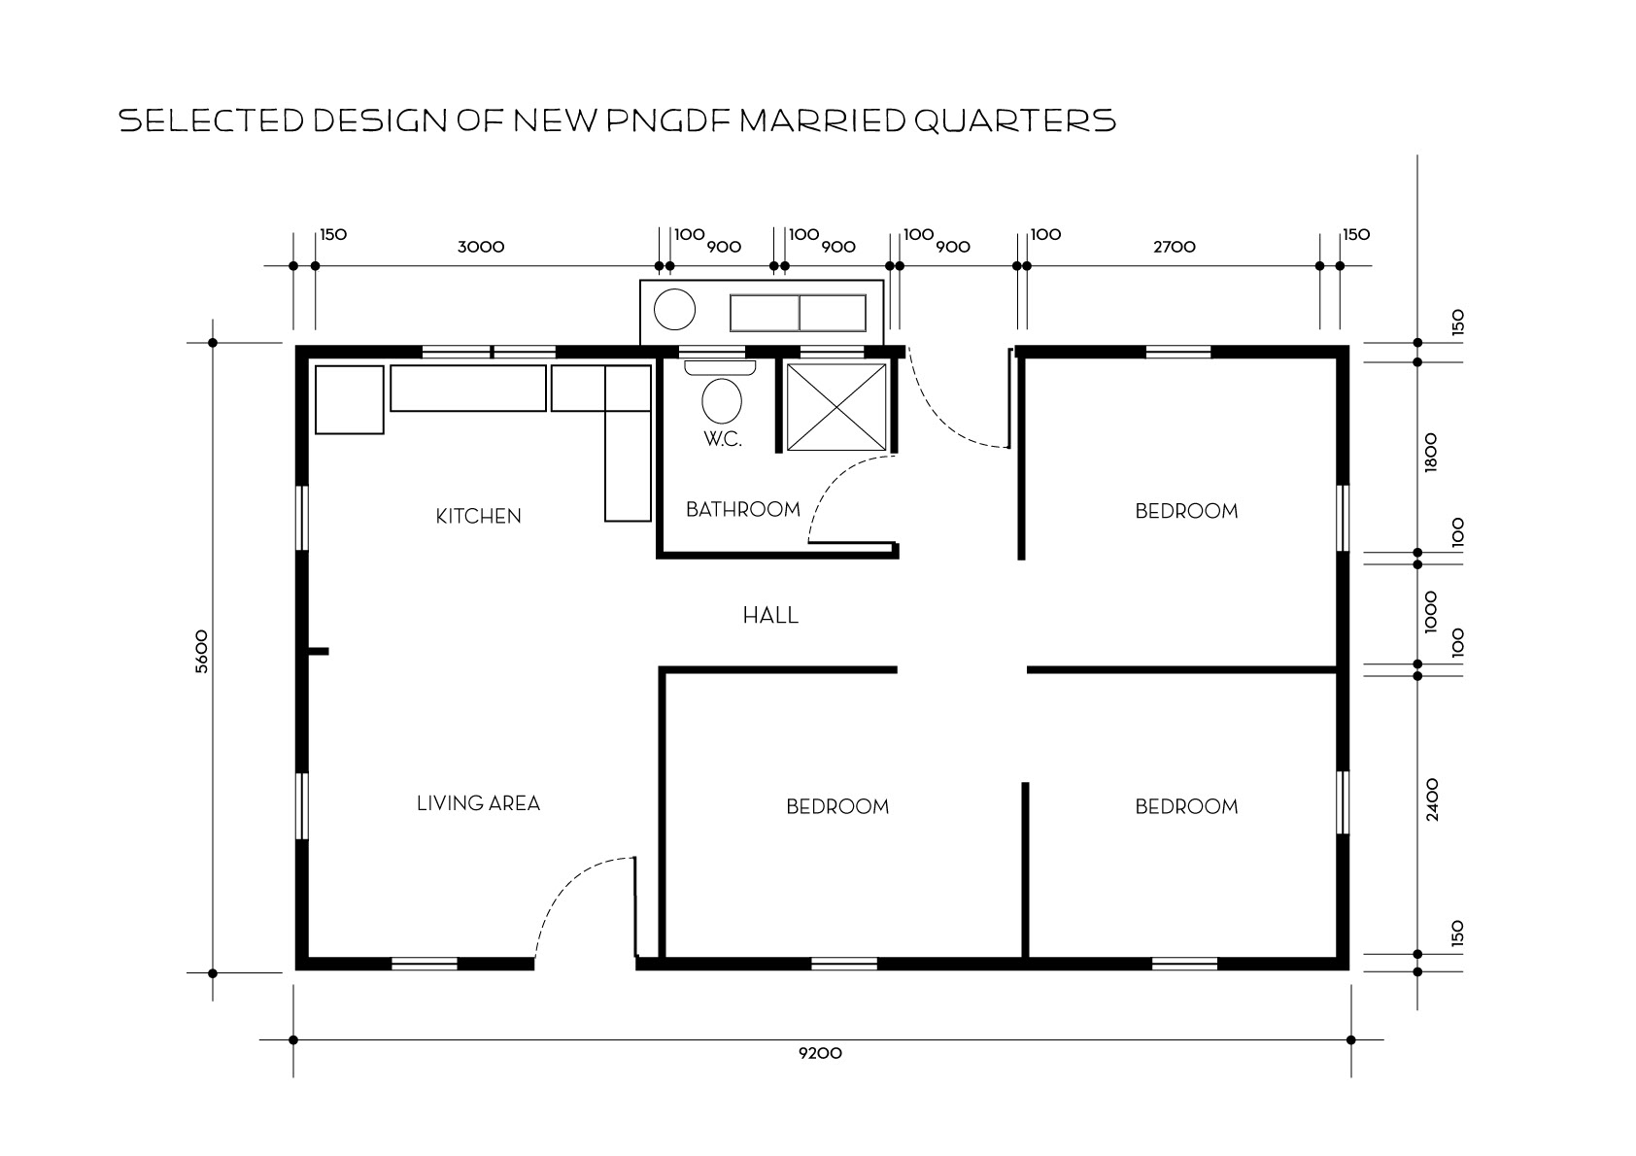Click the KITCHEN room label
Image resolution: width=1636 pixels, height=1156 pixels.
478,516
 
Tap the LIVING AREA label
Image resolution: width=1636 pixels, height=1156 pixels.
478,803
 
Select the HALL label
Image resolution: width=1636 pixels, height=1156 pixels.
770,616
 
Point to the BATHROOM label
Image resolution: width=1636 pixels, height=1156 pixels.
743,509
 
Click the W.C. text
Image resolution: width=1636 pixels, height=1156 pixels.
723,439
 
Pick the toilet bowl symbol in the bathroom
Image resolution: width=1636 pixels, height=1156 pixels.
722,400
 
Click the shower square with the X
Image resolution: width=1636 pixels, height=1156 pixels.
836,407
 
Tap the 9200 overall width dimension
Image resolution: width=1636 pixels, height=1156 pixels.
820,1053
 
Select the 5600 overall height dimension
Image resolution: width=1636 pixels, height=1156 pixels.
201,652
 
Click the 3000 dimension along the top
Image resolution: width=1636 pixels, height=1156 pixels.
481,247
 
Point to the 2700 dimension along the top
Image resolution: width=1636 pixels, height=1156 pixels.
1175,247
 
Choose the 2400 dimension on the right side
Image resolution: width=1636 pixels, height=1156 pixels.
1432,799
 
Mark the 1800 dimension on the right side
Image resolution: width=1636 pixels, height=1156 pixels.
1431,453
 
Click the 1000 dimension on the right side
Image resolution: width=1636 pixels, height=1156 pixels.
1431,612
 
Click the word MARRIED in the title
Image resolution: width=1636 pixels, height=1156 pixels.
823,120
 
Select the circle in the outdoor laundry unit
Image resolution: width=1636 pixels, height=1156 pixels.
674,310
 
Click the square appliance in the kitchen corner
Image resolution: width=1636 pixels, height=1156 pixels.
349,400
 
